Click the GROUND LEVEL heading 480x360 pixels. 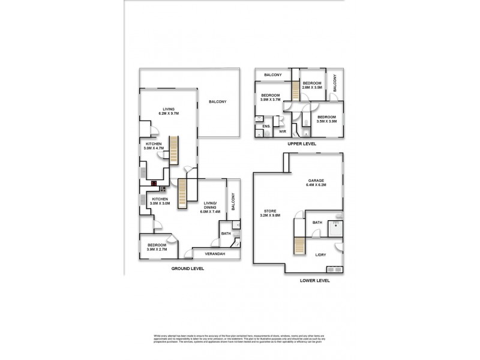188,269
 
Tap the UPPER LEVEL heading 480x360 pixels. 302,144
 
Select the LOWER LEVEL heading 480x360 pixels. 314,280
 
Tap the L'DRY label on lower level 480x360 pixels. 321,255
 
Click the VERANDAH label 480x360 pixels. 215,254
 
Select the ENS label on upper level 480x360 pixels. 266,126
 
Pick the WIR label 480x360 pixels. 283,131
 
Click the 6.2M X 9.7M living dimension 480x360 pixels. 169,113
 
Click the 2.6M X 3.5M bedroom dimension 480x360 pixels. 312,88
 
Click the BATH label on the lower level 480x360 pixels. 317,223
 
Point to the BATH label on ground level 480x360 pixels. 226,233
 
